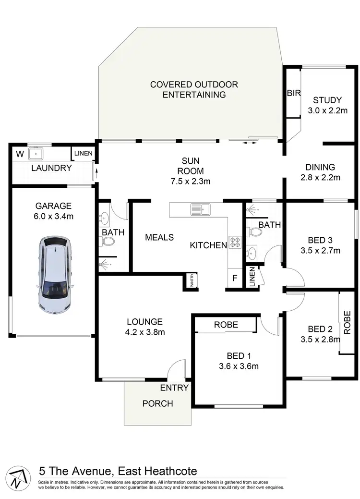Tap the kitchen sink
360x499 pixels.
[201, 209]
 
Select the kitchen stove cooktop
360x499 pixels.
[234, 243]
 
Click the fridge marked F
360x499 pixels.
[235, 278]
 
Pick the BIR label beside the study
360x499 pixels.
[293, 93]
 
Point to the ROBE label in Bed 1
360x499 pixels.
[226, 325]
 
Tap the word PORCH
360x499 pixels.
[157, 403]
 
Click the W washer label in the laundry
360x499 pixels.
[20, 154]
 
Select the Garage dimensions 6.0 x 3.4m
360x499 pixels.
[53, 216]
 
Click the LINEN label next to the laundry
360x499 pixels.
[84, 154]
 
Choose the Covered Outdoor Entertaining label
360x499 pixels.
[194, 90]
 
